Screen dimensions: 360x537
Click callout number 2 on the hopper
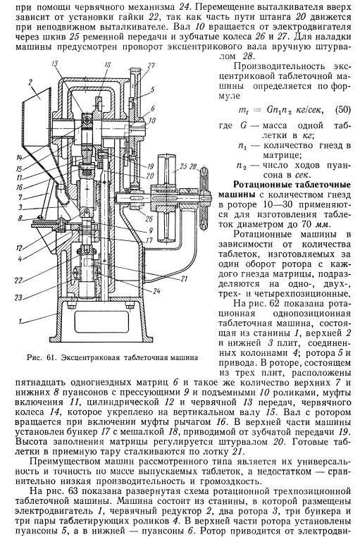pyautogui.click(x=30, y=82)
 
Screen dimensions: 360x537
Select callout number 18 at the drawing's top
pyautogui.click(x=107, y=65)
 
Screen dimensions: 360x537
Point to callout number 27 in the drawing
pyautogui.click(x=151, y=66)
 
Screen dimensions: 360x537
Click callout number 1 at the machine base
pyautogui.click(x=20, y=321)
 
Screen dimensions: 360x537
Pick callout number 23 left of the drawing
pyautogui.click(x=18, y=297)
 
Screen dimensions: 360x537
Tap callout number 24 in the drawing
pyautogui.click(x=156, y=291)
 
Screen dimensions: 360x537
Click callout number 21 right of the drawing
pyautogui.click(x=184, y=278)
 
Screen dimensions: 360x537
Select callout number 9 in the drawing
pyautogui.click(x=151, y=230)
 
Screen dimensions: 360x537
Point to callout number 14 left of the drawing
pyautogui.click(x=19, y=158)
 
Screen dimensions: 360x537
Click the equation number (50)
pyautogui.click(x=342, y=110)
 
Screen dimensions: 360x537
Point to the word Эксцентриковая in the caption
pyautogui.click(x=88, y=358)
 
